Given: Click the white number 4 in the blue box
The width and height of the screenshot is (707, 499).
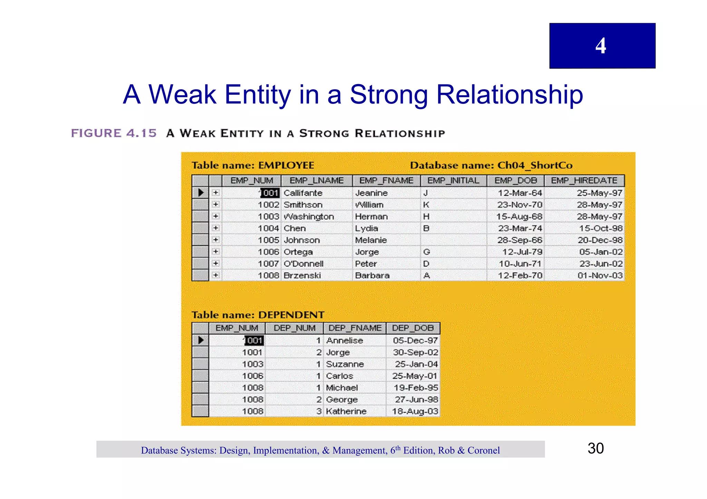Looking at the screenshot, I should pyautogui.click(x=601, y=46).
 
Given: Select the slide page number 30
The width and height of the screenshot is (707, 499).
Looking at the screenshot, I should pyautogui.click(x=595, y=448).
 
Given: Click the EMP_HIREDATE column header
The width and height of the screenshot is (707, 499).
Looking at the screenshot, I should pyautogui.click(x=584, y=181).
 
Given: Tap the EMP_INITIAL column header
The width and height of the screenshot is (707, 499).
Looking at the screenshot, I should pyautogui.click(x=453, y=181).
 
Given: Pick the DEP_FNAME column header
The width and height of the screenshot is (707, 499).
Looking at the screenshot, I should pyautogui.click(x=355, y=328).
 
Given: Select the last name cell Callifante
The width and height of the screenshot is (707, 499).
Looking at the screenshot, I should pyautogui.click(x=303, y=193).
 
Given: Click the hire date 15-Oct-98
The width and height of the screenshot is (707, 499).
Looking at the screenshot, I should pyautogui.click(x=601, y=228).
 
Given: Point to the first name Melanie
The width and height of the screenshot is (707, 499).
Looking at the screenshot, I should pyautogui.click(x=371, y=240).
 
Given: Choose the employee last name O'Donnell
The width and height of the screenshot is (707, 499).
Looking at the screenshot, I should pyautogui.click(x=303, y=264).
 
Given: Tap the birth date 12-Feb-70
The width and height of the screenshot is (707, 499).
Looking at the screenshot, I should pyautogui.click(x=520, y=276).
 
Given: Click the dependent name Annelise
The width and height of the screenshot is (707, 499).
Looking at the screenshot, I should pyautogui.click(x=345, y=341).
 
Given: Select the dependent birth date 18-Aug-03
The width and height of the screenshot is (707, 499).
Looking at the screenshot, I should pyautogui.click(x=415, y=411).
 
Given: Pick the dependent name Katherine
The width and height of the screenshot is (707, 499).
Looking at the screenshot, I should pyautogui.click(x=346, y=411).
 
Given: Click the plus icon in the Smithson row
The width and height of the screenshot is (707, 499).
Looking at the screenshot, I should pyautogui.click(x=215, y=204).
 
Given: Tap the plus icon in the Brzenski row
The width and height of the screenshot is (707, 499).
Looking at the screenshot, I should pyautogui.click(x=215, y=275).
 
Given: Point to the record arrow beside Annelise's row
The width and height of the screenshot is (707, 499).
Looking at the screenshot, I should pyautogui.click(x=201, y=340).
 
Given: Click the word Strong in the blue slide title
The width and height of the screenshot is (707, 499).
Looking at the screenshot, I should pyautogui.click(x=389, y=94).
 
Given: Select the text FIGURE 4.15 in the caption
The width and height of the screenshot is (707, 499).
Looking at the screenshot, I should pyautogui.click(x=114, y=133).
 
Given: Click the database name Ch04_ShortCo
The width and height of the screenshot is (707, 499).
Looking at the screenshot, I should pyautogui.click(x=535, y=165).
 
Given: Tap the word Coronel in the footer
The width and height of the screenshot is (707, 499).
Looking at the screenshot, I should pyautogui.click(x=483, y=450).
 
